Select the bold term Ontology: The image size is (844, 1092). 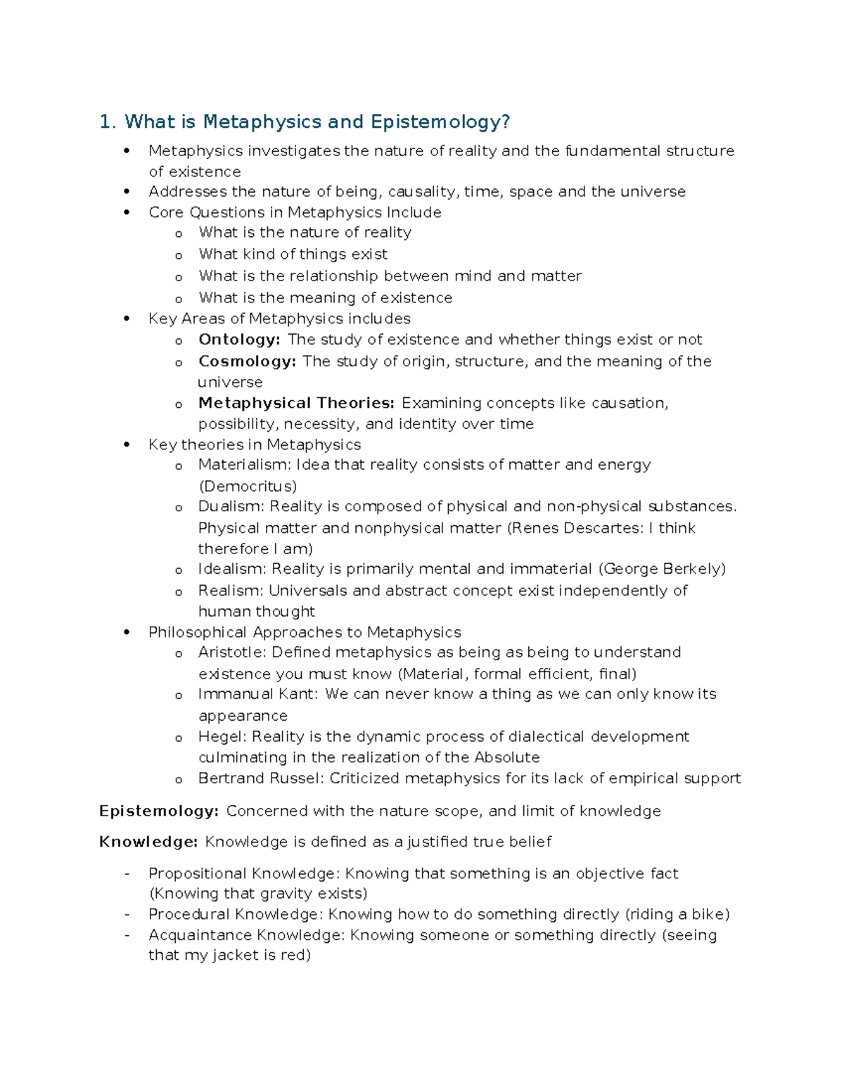click(x=239, y=340)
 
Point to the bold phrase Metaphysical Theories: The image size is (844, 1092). click(x=296, y=403)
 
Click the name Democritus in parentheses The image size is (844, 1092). click(x=248, y=486)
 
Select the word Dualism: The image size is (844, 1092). click(x=231, y=506)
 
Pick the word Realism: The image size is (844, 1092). click(x=231, y=591)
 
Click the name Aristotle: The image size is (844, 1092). click(x=232, y=653)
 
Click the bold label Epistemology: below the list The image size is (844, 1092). click(x=159, y=811)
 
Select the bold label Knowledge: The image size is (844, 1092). click(x=148, y=842)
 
